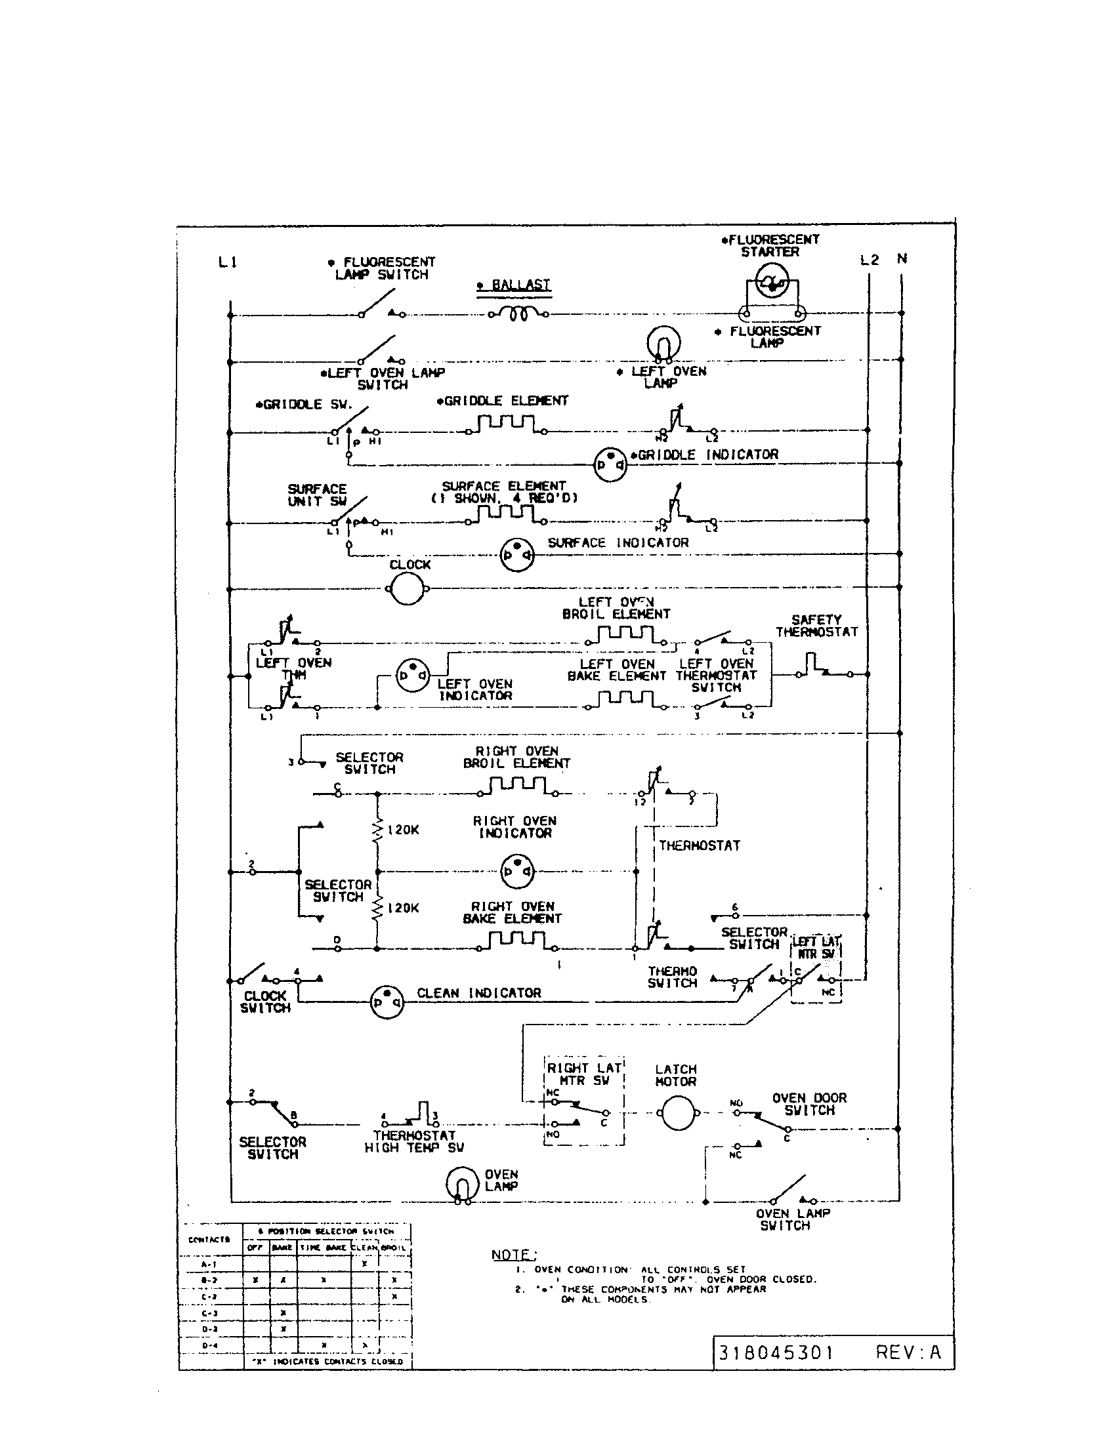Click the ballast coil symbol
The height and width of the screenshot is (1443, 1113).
pos(519,314)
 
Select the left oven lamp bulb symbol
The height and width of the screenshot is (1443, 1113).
pos(663,344)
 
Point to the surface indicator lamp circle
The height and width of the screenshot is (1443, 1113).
pos(517,554)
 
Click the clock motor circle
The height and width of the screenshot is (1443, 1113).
pos(407,588)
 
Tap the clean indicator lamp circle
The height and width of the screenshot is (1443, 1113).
pos(387,1002)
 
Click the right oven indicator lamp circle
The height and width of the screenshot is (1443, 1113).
pos(517,871)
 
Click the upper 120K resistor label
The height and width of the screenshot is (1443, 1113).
pos(402,830)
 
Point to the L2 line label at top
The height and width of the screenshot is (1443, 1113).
pos(869,260)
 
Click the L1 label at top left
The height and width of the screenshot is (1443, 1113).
pos(227,262)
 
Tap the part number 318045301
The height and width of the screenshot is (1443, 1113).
pos(775,1352)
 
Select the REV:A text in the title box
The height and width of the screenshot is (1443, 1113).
pos(908,1352)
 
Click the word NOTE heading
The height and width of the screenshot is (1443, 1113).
pos(514,1255)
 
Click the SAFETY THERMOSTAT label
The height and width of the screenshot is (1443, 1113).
pos(816,626)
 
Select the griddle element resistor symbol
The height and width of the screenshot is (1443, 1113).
pos(505,423)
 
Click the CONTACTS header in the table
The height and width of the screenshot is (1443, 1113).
pos(209,1240)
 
